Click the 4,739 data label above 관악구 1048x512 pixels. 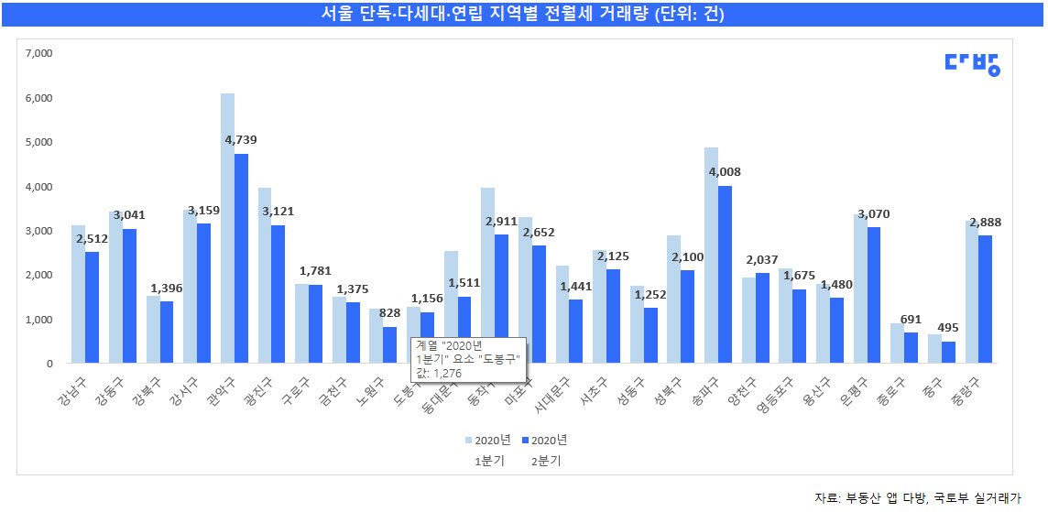coord(241,140)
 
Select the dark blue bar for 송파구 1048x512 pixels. coord(725,275)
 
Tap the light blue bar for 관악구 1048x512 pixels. coord(227,229)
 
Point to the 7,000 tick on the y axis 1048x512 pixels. coord(40,54)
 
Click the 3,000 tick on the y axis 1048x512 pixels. coord(40,231)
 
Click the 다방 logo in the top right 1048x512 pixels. coord(972,63)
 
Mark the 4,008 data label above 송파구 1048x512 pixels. coord(725,171)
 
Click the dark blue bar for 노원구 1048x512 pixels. coord(390,345)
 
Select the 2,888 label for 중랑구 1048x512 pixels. coord(985,222)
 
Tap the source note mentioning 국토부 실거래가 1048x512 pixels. coord(918,497)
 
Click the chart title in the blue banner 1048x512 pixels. coord(524,14)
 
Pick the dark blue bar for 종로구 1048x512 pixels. coord(912,348)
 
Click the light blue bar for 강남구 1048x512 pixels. coord(78,294)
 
